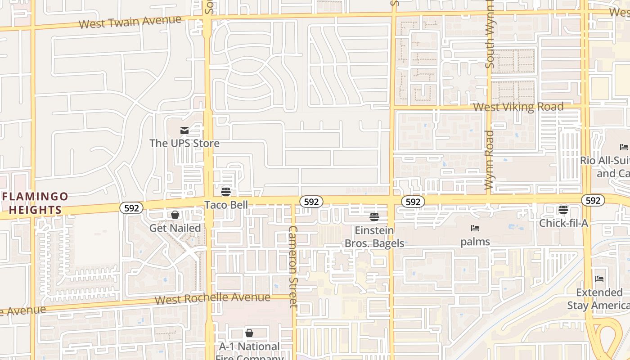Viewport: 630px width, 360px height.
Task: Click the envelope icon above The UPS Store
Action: click(184, 130)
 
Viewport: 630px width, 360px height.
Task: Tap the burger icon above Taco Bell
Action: click(226, 192)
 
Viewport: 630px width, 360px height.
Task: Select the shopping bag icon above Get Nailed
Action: click(175, 215)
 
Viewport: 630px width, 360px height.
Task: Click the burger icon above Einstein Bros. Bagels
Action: click(374, 217)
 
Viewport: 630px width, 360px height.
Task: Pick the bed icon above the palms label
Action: click(475, 229)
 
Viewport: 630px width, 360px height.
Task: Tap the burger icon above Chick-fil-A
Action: click(563, 210)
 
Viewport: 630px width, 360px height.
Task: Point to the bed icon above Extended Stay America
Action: click(599, 279)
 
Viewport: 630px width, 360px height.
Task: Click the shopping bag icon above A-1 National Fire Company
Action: click(249, 333)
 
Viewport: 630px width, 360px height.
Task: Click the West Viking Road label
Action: click(518, 107)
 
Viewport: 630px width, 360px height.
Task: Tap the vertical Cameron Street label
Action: click(293, 266)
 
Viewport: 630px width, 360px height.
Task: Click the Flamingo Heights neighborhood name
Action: click(35, 203)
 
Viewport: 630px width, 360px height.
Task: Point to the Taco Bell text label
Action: click(226, 205)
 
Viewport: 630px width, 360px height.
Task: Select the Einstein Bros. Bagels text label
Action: click(374, 237)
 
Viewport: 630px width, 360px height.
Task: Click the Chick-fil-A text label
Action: click(563, 223)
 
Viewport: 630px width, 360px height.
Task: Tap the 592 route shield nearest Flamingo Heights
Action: click(131, 208)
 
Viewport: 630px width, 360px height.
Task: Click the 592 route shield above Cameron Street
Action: click(311, 202)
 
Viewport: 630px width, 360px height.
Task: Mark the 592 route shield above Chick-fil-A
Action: click(593, 200)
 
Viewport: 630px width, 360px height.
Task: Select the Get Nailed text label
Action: click(175, 228)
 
